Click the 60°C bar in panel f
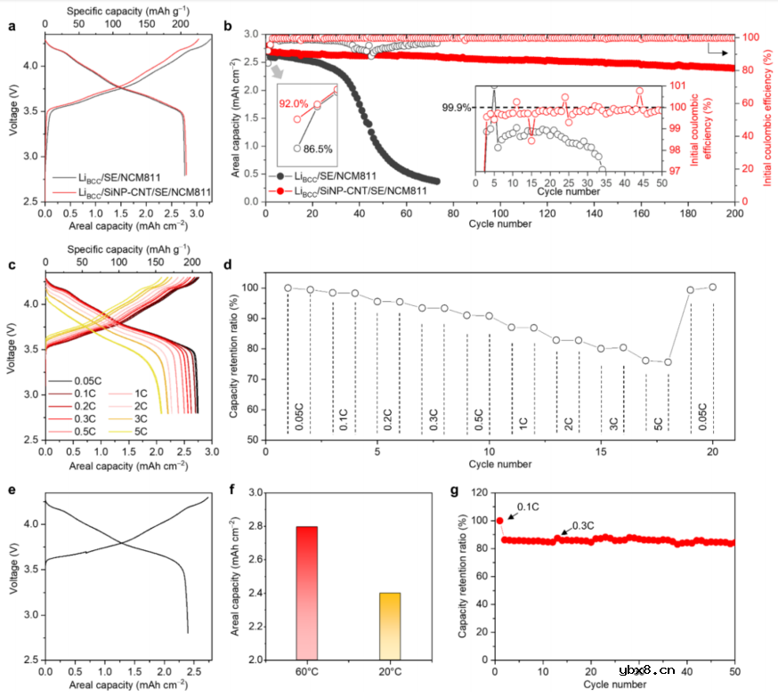307,592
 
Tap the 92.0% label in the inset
294,104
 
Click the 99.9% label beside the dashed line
456,108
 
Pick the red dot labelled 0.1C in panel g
499,521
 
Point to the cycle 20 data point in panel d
712,287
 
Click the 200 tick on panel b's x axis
735,214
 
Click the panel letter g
456,491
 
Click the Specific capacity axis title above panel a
127,11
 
